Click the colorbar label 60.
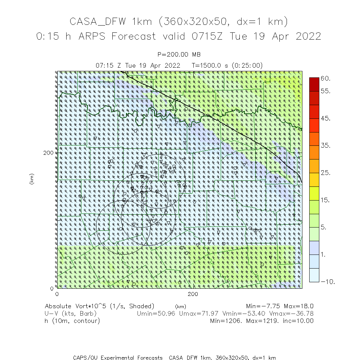point(325,78)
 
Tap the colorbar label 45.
point(325,119)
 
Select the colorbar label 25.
point(325,173)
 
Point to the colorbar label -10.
point(327,282)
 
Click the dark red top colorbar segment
point(314,84)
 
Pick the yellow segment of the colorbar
point(314,193)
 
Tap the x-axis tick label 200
point(193,294)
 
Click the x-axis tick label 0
point(57,294)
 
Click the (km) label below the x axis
point(180,307)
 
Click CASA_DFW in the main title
point(98,22)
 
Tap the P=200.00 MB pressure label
point(179,55)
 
